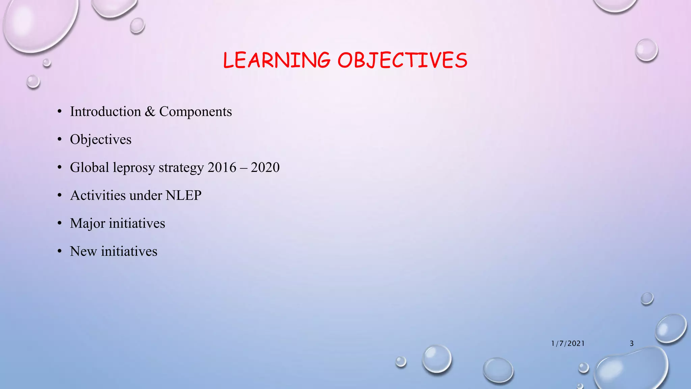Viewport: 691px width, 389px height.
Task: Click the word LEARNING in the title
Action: tap(277, 60)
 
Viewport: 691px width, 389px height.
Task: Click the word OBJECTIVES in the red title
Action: tap(402, 60)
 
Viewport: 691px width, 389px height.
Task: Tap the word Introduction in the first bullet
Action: tap(105, 112)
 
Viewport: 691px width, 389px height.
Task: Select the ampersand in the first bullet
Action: tap(150, 112)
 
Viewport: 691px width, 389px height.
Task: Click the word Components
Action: tap(195, 112)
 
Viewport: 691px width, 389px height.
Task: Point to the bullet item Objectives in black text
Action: tap(101, 140)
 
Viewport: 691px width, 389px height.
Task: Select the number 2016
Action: tap(222, 167)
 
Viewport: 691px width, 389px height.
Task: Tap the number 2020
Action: tap(265, 167)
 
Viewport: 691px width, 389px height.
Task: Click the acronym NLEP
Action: tap(184, 196)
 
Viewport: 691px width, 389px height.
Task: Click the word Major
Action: tap(87, 224)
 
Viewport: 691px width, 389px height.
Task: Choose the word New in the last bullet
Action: tap(83, 252)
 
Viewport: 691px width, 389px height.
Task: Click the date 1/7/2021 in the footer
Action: tap(568, 343)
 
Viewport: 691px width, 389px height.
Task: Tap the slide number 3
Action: tap(632, 343)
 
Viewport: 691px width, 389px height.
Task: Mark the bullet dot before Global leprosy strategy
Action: tap(60, 167)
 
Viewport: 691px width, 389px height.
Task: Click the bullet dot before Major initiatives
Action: tap(60, 223)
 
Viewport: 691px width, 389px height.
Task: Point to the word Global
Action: tap(89, 167)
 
